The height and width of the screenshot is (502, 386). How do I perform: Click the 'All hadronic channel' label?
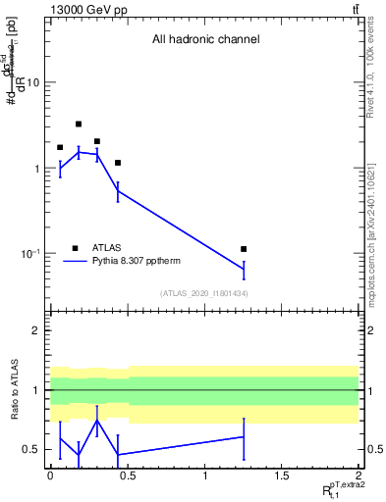pyautogui.click(x=204, y=40)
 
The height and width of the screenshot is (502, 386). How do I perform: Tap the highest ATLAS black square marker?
pyautogui.click(x=79, y=125)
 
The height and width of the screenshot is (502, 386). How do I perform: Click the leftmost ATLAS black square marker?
pyautogui.click(x=60, y=147)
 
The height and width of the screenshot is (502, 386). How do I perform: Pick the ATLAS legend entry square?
pyautogui.click(x=75, y=248)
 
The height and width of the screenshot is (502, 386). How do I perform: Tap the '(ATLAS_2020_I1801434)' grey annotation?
pyautogui.click(x=203, y=293)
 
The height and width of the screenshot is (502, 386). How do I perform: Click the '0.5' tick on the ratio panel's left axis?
pyautogui.click(x=32, y=450)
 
